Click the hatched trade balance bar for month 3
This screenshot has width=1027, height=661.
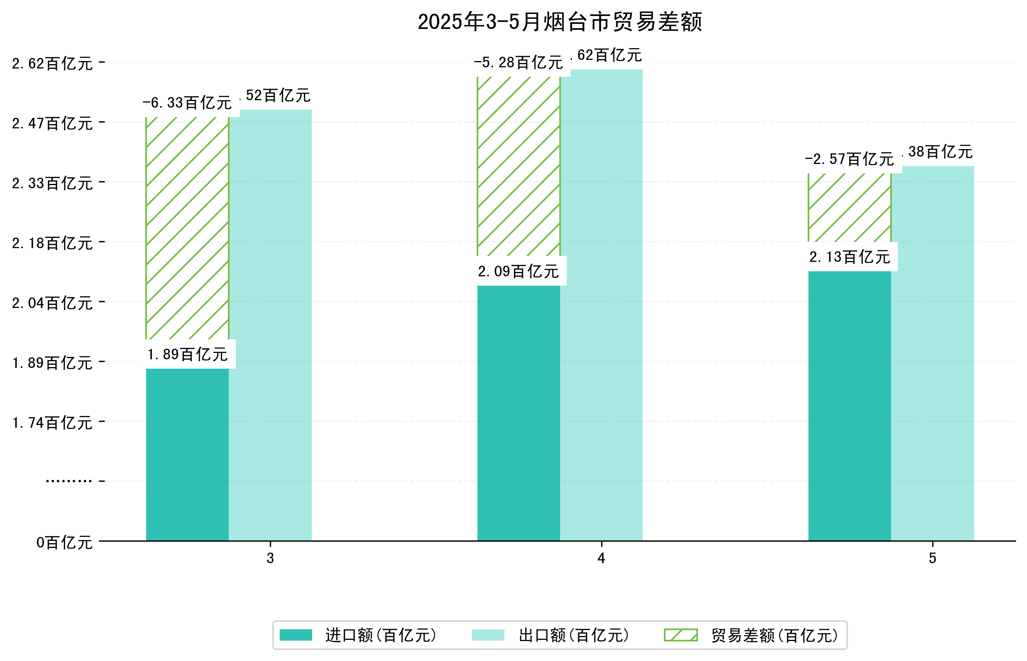(187, 227)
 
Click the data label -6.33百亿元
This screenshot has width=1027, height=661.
(187, 103)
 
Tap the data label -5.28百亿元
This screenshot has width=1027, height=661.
(518, 63)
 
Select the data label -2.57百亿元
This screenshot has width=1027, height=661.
(849, 159)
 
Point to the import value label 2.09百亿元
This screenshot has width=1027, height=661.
(518, 271)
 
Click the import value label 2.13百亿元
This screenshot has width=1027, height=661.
(849, 257)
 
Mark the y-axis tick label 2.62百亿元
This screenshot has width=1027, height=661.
(52, 63)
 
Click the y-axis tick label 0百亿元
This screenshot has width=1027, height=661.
(64, 542)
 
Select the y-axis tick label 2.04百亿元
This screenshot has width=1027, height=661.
(52, 303)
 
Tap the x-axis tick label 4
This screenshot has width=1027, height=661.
(601, 558)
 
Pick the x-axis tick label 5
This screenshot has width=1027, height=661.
(932, 558)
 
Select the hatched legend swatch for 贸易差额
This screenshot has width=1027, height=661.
(680, 635)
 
